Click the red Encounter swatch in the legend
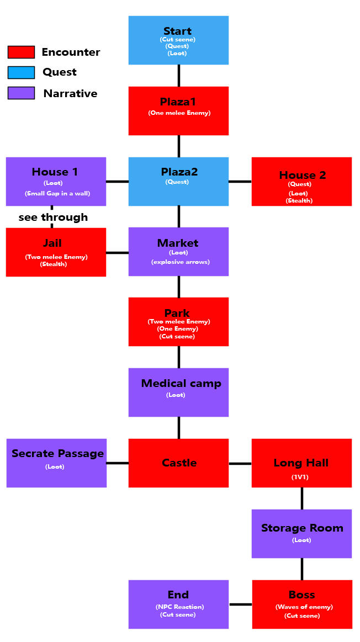click(21, 52)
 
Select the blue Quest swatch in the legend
click(21, 72)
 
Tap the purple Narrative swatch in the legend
click(21, 93)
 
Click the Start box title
click(178, 31)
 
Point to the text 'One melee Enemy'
click(179, 113)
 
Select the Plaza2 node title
click(178, 172)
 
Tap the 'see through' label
click(53, 217)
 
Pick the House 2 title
click(302, 175)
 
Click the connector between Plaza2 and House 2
click(240, 181)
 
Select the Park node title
click(177, 313)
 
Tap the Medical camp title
click(181, 383)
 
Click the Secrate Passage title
click(57, 453)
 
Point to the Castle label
click(179, 463)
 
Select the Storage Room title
click(302, 528)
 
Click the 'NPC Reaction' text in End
click(178, 607)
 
